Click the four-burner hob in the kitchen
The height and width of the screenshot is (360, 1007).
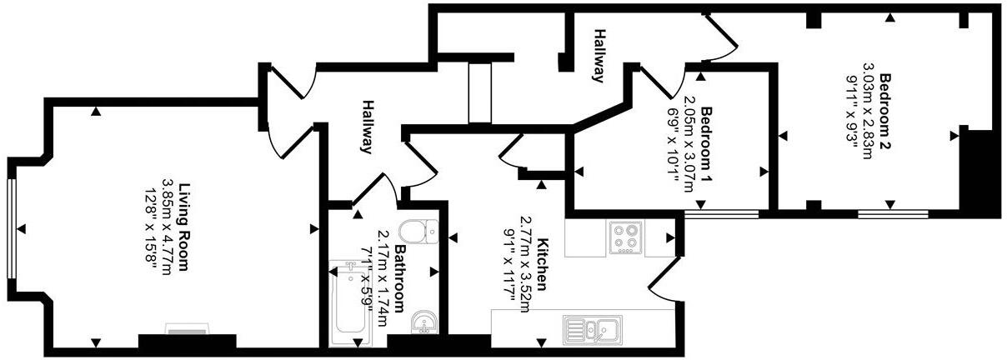pos(625,237)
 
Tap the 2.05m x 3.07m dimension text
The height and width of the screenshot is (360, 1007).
pos(689,144)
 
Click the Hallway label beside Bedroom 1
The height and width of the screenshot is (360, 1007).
pos(599,56)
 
